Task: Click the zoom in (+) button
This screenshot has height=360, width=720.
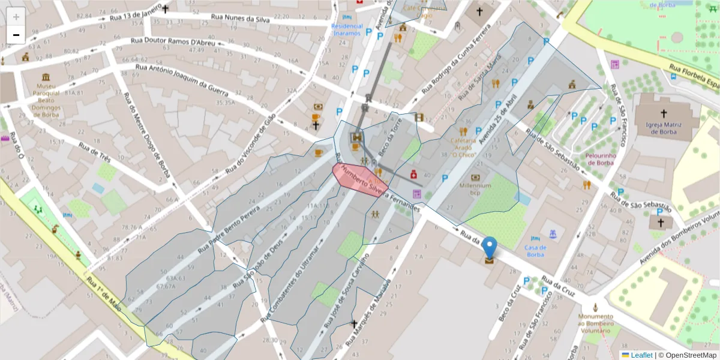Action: point(16,17)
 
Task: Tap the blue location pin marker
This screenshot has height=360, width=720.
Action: point(490,248)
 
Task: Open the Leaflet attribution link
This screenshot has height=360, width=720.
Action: point(641,355)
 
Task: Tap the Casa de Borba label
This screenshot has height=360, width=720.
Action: point(535,251)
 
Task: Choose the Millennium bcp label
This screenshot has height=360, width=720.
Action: point(476,189)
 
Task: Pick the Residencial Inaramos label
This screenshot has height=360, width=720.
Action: point(347,29)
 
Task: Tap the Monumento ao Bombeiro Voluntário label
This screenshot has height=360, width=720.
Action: point(596,323)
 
